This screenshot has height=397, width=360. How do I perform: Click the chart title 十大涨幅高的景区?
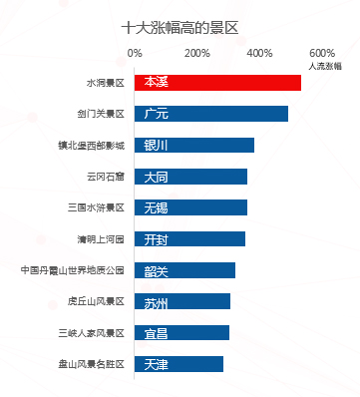180,28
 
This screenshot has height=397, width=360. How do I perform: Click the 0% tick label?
136,53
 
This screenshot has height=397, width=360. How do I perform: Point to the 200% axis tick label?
197,53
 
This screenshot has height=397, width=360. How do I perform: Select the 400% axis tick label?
259,53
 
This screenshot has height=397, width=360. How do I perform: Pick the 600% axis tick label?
322,53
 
